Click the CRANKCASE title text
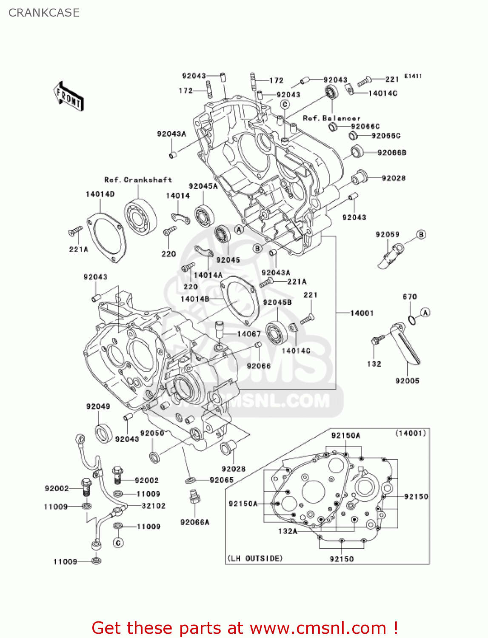coord(44,13)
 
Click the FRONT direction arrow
coord(68,97)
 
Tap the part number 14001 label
coord(362,313)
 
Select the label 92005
coord(407,381)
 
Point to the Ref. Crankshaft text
coord(138,180)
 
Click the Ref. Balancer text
coord(331,118)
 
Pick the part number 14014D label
coord(100,194)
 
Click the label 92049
coord(98,406)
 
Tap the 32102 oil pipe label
coord(153,506)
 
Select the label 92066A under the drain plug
coord(195,522)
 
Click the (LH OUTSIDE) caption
coord(255,558)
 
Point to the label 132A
coord(288,531)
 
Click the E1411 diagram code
coord(413,76)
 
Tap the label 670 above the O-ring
coord(410,297)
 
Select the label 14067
coord(249,334)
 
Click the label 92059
coord(387,234)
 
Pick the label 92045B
coord(277,302)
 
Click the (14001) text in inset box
coord(411,433)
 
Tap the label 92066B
coord(392,153)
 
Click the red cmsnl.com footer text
coord(245,628)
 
